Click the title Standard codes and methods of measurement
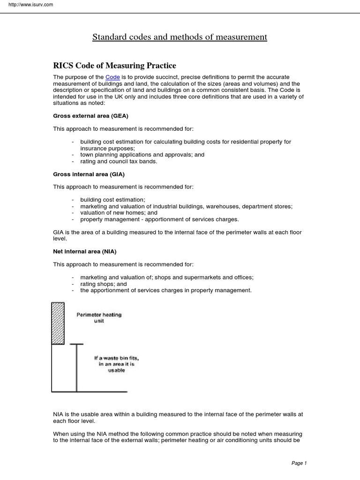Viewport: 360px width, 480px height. tap(180, 37)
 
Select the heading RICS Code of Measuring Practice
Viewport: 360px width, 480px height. tap(114, 65)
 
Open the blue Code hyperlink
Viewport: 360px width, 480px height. tap(112, 77)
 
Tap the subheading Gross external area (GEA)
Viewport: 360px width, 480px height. tap(90, 115)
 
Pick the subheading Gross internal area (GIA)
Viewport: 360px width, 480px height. tap(89, 174)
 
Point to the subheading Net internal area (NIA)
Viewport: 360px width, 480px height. tap(84, 252)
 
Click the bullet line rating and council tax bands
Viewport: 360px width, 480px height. tap(119, 161)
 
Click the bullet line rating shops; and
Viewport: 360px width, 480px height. tap(104, 284)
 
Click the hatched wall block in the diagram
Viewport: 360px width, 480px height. tap(58, 323)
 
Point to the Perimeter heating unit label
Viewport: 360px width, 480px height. tap(99, 318)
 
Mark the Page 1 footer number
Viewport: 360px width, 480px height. tap(299, 463)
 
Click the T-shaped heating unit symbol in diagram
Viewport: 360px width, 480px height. tap(76, 366)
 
